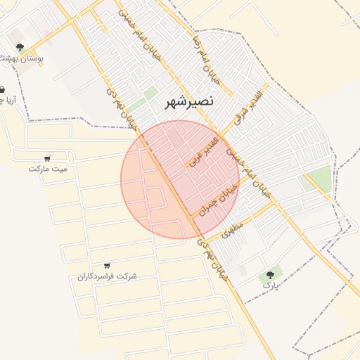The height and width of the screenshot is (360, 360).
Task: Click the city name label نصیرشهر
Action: click(x=188, y=103)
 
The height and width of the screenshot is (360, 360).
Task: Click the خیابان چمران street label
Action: click(x=214, y=194)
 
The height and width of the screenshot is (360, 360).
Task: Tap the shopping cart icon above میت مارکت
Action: click(x=47, y=158)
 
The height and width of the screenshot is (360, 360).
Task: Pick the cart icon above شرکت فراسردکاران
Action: click(x=107, y=266)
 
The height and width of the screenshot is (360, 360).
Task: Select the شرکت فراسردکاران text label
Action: click(x=107, y=276)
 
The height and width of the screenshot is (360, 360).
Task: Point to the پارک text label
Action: click(x=271, y=285)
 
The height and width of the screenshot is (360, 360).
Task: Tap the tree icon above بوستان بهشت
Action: click(x=19, y=48)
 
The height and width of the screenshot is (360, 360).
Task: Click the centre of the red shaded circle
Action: click(x=180, y=180)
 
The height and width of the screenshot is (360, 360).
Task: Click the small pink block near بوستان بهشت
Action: click(x=46, y=32)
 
